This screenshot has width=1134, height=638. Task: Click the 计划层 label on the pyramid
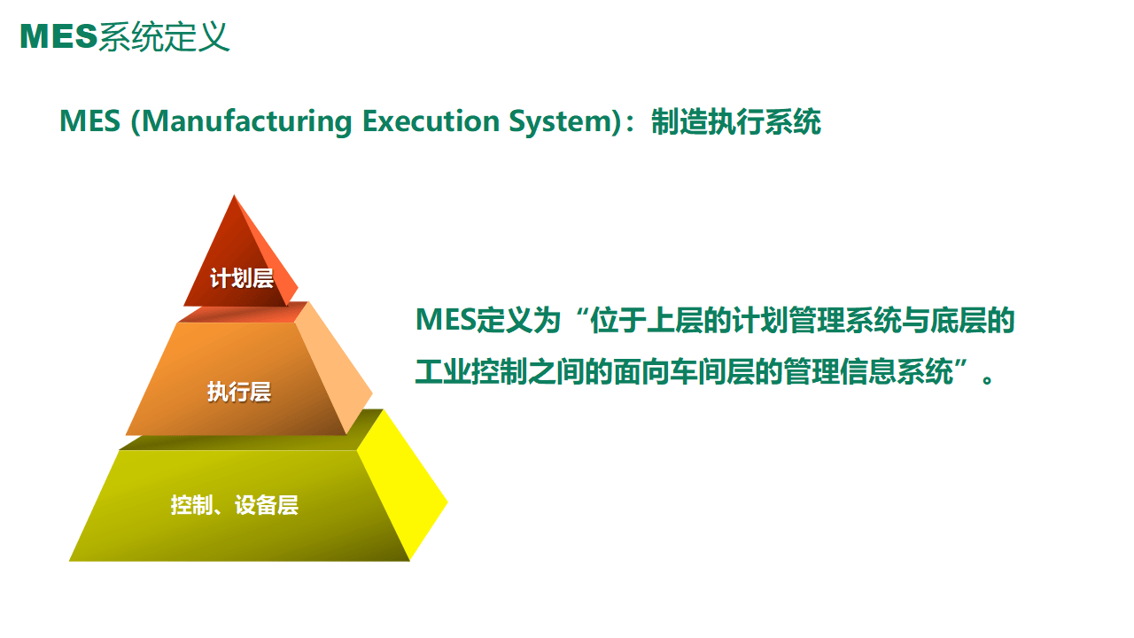[241, 278]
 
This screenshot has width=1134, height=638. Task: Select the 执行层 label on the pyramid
[239, 392]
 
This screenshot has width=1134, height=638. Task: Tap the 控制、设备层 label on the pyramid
[235, 506]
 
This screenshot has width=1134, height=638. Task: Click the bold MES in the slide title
[58, 36]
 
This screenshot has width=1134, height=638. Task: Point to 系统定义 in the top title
[164, 36]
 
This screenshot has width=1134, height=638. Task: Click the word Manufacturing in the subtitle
[245, 121]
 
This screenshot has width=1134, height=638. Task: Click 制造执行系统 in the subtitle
[736, 121]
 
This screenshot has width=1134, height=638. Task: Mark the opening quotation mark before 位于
[578, 315]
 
